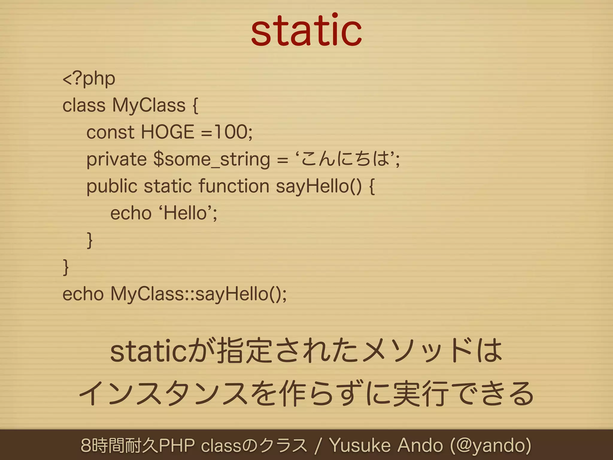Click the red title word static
[x=306, y=31]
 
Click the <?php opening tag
[x=89, y=79]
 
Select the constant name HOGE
[x=167, y=132]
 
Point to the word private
[x=116, y=159]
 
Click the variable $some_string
[x=212, y=159]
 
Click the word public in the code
[x=112, y=186]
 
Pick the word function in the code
[x=234, y=186]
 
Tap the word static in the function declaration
[x=168, y=186]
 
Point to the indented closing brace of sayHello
[x=89, y=240]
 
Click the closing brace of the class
[x=66, y=267]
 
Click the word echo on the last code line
[x=83, y=294]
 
